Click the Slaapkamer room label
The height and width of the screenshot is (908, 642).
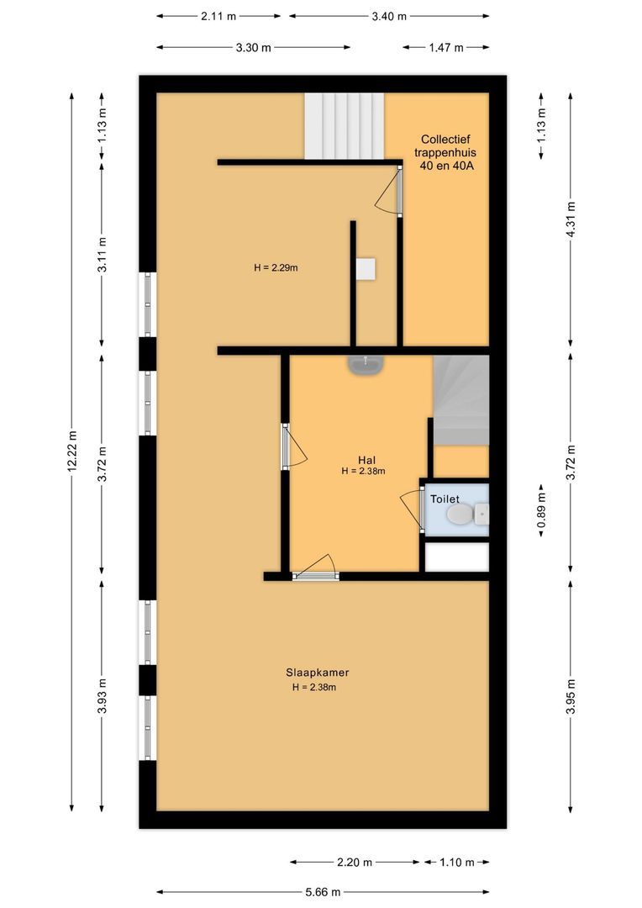point(317,673)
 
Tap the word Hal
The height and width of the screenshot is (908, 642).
point(366,459)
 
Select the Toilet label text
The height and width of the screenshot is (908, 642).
point(445,499)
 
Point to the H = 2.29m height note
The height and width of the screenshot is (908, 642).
point(276,268)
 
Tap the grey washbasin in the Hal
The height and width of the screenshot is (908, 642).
point(366,364)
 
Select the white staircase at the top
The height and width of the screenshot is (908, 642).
point(344,125)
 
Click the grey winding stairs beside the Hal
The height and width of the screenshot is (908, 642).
point(460,400)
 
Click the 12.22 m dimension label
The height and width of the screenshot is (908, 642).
point(72,452)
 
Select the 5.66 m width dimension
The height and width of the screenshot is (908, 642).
point(322,892)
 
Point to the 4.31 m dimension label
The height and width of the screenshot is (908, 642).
point(571,218)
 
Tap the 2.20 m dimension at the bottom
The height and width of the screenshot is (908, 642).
point(355,862)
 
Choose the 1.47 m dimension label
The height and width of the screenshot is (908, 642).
point(445,47)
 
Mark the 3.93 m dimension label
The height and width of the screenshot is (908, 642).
point(102,696)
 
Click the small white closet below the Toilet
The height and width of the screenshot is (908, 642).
point(456,557)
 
